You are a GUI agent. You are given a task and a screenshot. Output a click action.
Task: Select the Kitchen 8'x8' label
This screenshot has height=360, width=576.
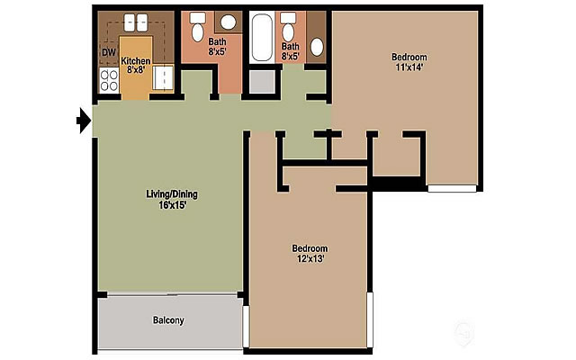coord(135,65)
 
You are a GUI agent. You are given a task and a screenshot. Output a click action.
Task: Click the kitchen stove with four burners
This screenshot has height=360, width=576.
coord(109,82)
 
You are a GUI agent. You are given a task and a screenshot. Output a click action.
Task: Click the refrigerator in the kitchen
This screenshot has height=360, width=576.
coord(163,79)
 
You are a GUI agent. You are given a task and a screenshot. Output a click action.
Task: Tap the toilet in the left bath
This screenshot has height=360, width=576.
coord(199,22)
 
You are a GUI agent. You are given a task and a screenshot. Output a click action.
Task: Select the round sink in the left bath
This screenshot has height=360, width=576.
coord(229,22)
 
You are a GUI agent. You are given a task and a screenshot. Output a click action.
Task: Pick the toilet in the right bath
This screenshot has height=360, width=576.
coord(288,22)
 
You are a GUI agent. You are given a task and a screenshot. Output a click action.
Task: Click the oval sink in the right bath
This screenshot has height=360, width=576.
coord(317,46)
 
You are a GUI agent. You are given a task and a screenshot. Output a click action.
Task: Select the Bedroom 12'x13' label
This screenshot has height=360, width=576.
coord(310,253)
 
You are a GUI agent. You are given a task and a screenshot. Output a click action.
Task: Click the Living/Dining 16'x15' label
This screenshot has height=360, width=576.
coord(172,199)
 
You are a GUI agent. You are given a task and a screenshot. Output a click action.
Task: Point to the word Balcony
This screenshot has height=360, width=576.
coord(168,319)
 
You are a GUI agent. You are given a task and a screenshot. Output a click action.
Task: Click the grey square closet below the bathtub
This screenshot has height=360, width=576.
coord(262,82)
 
